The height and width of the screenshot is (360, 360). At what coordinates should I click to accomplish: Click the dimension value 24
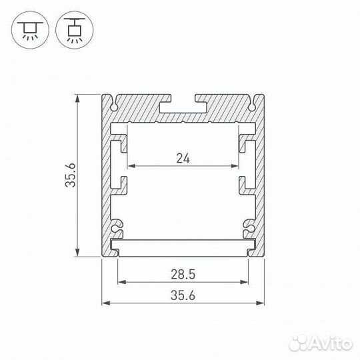(183, 159)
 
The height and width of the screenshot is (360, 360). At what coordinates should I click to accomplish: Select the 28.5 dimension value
(183, 275)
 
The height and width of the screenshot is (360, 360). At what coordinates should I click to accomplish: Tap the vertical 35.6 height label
(70, 175)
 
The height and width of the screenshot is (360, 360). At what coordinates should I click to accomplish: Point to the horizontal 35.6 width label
(183, 295)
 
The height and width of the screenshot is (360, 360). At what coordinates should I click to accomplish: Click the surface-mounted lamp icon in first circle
(30, 30)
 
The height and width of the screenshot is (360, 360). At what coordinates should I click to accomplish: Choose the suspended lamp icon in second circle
(75, 30)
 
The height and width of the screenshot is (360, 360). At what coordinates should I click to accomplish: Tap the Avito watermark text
(321, 344)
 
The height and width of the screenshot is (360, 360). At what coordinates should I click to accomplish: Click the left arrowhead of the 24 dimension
(131, 166)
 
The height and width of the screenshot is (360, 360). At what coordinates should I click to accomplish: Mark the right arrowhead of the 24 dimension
(235, 166)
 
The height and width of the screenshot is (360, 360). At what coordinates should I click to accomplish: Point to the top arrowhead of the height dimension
(77, 99)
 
